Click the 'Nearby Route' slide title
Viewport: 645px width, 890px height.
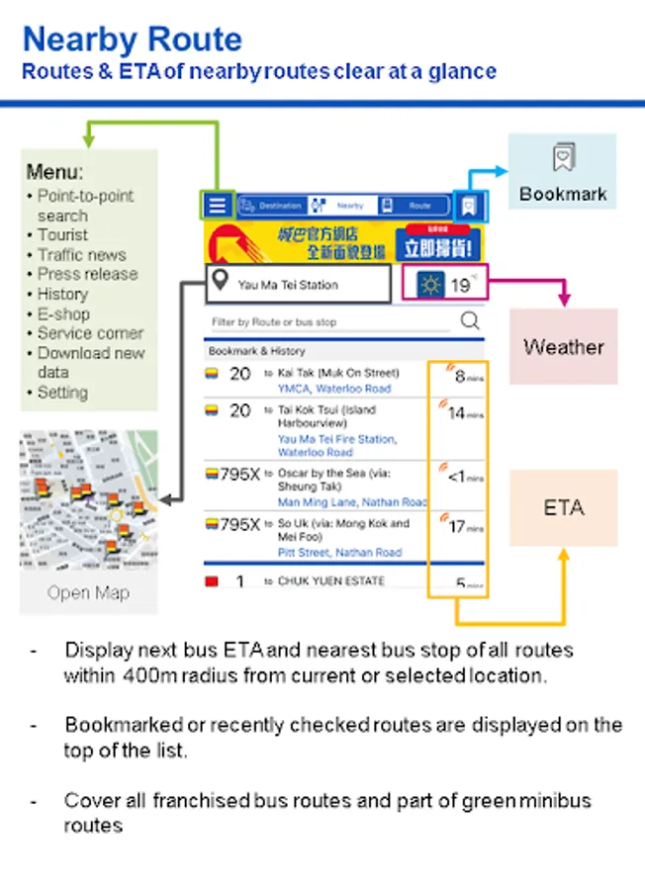132,40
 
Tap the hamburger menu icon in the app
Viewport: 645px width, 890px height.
218,206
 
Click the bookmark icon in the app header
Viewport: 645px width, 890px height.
469,206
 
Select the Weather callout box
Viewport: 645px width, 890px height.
563,346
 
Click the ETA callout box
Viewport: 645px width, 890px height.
563,508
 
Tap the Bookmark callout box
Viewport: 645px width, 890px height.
562,172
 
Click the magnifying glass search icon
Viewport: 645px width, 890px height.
470,320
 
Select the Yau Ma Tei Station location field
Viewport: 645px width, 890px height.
298,285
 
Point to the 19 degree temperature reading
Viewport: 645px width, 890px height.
460,286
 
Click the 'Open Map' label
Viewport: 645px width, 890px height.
88,593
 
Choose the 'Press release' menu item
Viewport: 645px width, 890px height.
87,274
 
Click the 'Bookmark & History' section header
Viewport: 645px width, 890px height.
256,351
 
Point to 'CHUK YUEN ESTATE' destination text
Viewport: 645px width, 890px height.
331,580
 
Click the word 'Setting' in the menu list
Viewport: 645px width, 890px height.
62,393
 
